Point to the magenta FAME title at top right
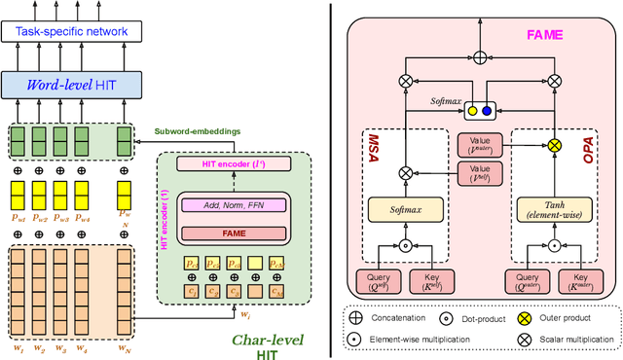pos(544,33)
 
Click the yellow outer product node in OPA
pos(554,145)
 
